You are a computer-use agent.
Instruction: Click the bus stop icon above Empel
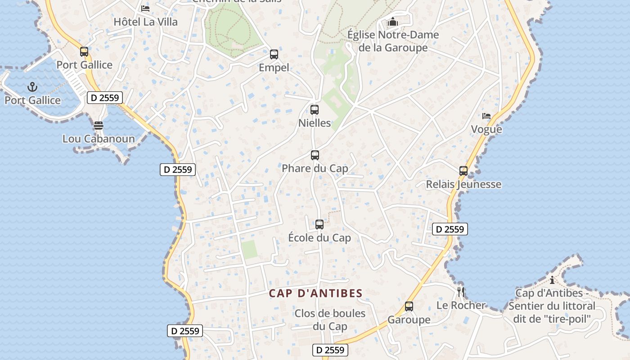(x=274, y=54)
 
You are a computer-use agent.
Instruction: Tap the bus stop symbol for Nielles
(x=315, y=109)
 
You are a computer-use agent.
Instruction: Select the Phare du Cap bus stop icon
(x=315, y=155)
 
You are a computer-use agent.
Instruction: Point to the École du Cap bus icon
(x=319, y=224)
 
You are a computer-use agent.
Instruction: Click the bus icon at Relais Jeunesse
(x=463, y=171)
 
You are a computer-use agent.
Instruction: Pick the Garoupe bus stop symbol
(x=409, y=306)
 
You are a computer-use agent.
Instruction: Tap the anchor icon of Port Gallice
(x=32, y=87)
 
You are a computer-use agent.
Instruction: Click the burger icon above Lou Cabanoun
(x=99, y=125)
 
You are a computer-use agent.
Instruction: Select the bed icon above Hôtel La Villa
(x=145, y=8)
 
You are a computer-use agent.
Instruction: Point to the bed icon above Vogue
(x=486, y=116)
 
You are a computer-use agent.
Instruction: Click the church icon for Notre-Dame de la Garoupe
(x=393, y=21)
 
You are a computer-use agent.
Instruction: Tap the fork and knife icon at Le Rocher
(x=460, y=292)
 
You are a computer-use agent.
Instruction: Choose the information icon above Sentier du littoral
(x=552, y=280)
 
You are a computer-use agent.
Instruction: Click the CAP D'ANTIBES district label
(x=315, y=293)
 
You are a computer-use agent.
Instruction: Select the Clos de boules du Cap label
(x=330, y=320)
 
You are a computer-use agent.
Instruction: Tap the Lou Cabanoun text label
(x=99, y=139)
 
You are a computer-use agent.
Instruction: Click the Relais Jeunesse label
(x=463, y=184)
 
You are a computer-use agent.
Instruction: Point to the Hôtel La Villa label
(x=145, y=22)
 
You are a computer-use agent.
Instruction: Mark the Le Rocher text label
(x=461, y=306)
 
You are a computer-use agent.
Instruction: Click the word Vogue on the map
(x=486, y=130)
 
